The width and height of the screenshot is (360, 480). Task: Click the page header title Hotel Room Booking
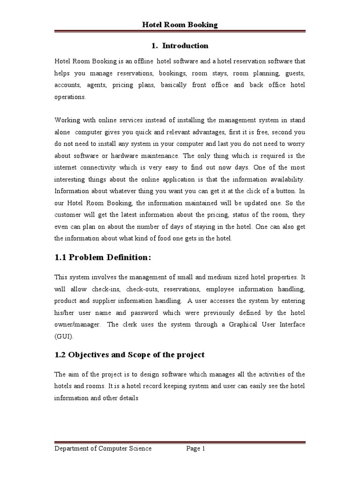[x=180, y=25]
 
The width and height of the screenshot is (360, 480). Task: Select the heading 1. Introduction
[x=180, y=46]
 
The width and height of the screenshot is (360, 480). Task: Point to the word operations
[x=70, y=97]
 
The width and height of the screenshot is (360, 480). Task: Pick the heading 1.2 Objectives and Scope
[x=129, y=355]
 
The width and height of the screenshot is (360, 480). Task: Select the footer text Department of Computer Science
[x=103, y=449]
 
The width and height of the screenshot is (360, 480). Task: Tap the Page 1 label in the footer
[x=196, y=449]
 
